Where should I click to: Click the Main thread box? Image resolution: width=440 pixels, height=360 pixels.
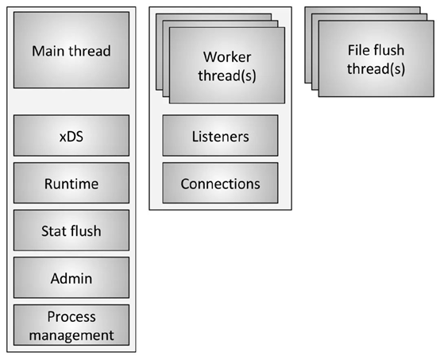[71, 50]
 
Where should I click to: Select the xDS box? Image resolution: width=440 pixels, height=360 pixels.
[71, 135]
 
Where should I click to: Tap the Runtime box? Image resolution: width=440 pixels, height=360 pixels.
[71, 183]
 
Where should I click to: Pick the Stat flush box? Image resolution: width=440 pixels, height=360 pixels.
[71, 230]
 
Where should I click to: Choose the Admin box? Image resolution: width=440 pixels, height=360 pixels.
[71, 277]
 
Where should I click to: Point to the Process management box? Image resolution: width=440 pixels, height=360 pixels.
[71, 325]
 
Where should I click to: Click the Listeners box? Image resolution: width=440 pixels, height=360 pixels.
[220, 135]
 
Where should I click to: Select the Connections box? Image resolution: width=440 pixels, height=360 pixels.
[220, 183]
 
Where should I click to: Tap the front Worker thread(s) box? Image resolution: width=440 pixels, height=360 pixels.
[227, 65]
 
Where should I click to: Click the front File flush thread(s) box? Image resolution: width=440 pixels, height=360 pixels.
[376, 59]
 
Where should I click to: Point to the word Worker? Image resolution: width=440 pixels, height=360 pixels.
[227, 57]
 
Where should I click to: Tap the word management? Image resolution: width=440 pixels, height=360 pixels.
[71, 335]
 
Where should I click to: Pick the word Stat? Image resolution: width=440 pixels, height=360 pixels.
[54, 231]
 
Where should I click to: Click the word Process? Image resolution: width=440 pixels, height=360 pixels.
[71, 317]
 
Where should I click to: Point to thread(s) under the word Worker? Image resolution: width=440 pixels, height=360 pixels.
[227, 75]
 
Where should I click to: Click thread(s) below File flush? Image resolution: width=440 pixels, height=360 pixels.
[376, 69]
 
